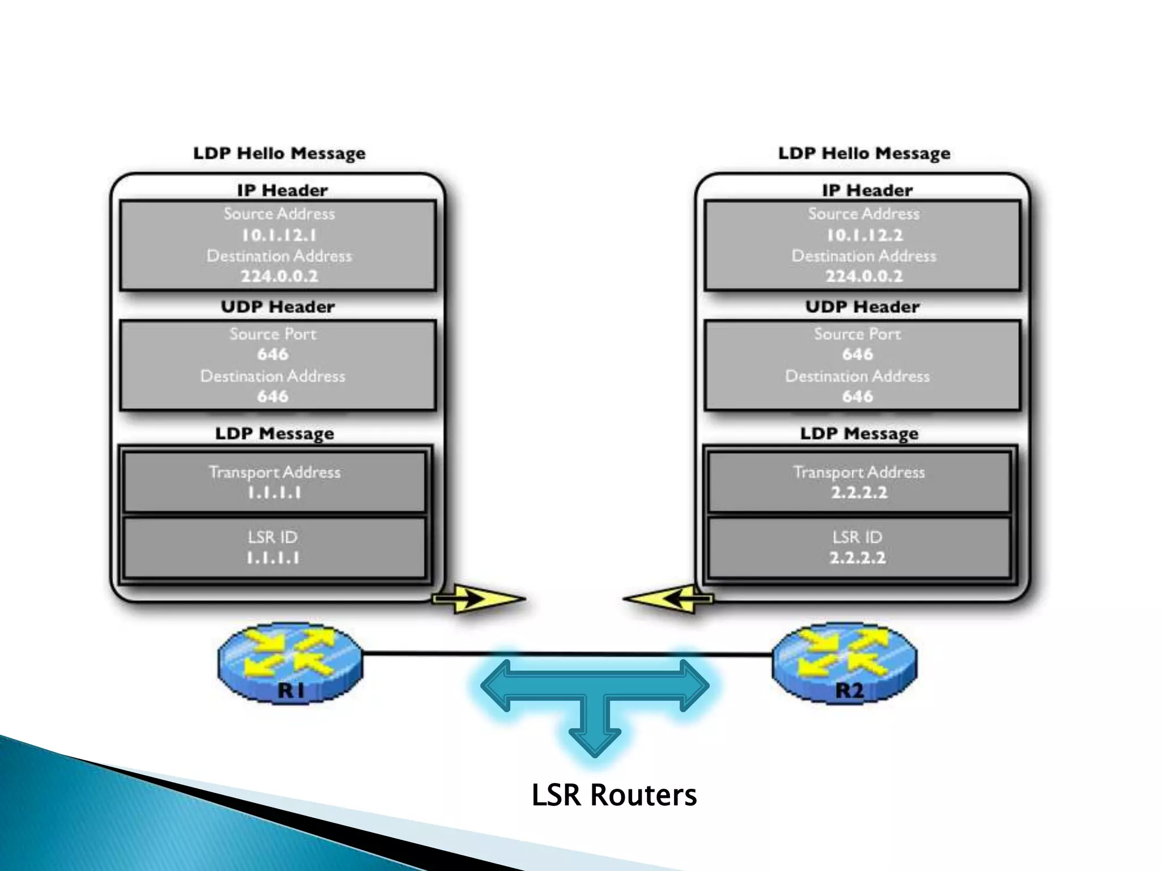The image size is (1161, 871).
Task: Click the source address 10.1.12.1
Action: coord(278,235)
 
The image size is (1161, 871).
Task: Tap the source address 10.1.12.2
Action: coord(864,235)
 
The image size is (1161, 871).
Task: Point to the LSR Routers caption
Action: coord(613,795)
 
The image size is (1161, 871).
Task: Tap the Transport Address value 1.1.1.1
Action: coord(274,493)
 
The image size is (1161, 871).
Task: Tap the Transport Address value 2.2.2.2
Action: coord(859,492)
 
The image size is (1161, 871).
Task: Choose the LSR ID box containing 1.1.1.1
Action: coord(274,548)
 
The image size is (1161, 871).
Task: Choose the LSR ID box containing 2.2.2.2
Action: coord(858,548)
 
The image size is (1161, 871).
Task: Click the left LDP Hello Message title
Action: coord(279,154)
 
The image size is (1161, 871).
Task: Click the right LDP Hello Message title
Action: coord(864,154)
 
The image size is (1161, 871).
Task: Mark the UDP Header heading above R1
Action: coord(278,307)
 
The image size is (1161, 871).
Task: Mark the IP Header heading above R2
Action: coord(867,191)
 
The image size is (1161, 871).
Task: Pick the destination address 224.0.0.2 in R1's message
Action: coord(279,276)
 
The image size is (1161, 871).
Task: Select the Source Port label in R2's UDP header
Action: coord(857,334)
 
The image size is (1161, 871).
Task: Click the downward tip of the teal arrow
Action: coord(595,752)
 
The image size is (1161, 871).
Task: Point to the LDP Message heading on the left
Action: coord(274,434)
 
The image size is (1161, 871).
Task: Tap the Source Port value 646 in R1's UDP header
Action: coord(273,354)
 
